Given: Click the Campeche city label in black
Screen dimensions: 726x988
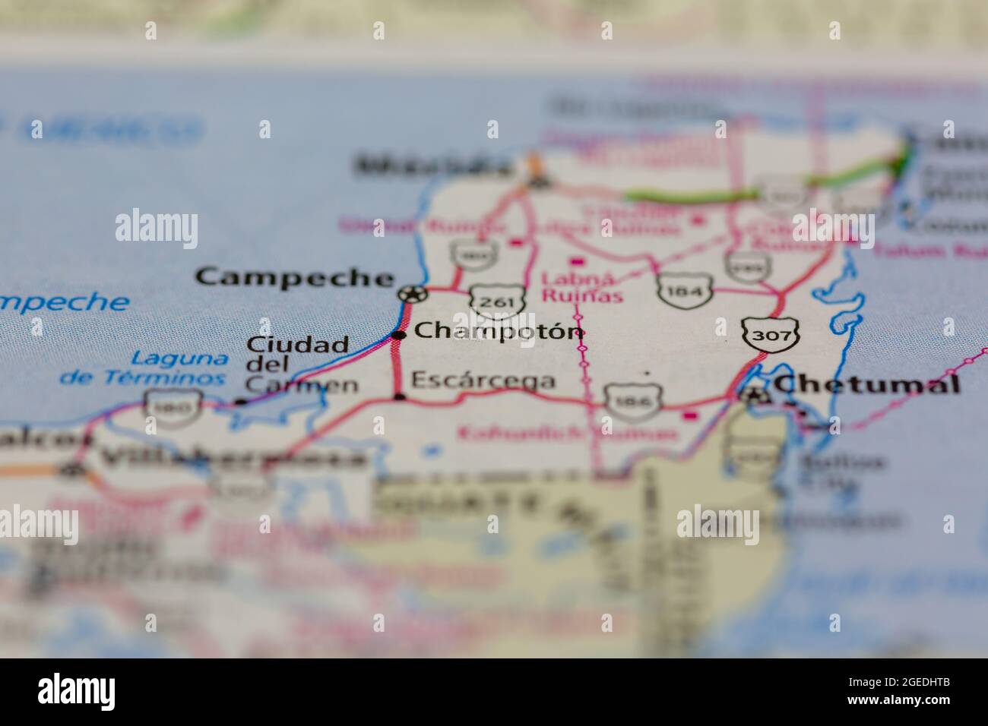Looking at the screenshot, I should click(x=295, y=277).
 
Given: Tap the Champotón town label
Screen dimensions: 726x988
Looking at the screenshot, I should click(x=500, y=331).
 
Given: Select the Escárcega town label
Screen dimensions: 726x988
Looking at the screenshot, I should click(x=483, y=380).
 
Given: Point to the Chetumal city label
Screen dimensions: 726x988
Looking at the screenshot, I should click(x=866, y=384).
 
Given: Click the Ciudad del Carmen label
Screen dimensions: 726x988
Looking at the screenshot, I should click(x=300, y=365).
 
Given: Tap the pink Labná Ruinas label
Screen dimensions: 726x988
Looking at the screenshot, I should click(x=581, y=287).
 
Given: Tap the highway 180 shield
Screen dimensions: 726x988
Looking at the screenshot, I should click(x=174, y=406).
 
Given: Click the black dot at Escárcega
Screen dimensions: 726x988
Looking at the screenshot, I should click(x=400, y=397).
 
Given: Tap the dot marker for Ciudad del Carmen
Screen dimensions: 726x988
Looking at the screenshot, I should click(x=240, y=402).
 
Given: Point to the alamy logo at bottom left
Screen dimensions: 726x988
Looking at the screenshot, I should click(x=76, y=692).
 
